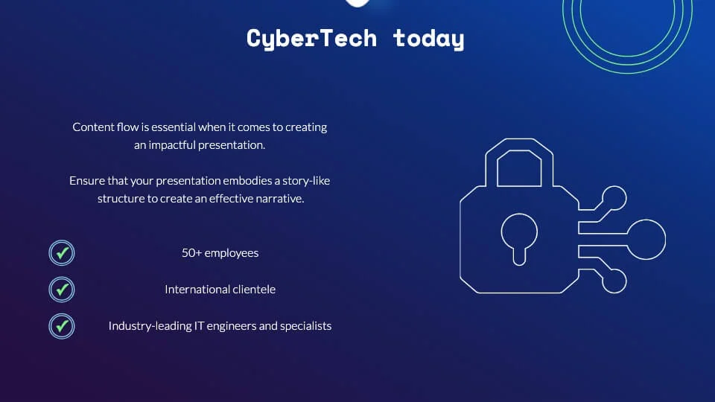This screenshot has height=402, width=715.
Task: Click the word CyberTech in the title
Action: click(311, 38)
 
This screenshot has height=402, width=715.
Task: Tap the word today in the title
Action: click(428, 38)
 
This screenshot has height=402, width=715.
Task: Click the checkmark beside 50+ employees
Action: click(63, 253)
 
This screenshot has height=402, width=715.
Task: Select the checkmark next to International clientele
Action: click(63, 289)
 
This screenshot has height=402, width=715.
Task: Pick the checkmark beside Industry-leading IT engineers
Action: click(63, 326)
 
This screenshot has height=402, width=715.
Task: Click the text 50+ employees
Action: click(220, 253)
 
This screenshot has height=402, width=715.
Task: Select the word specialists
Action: click(305, 326)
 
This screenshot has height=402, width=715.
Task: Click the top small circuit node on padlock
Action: click(614, 199)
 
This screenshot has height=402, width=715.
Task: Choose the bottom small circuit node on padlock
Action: click(614, 281)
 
